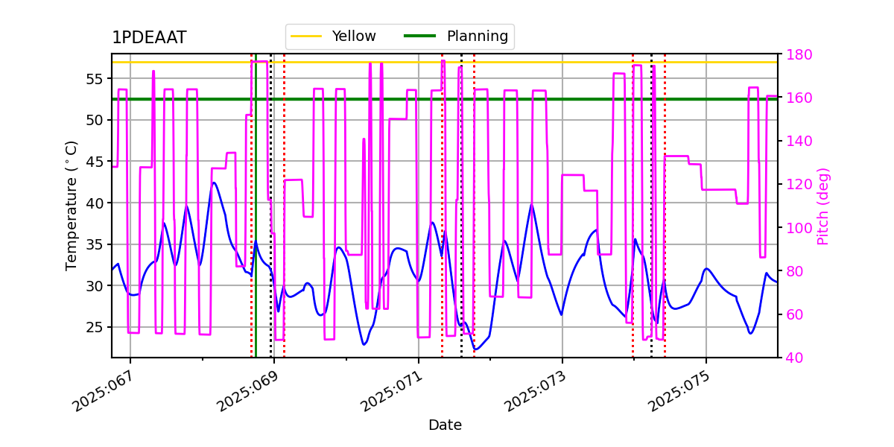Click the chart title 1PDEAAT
[x=149, y=38]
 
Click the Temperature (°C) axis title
[x=72, y=205]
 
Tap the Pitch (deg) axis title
[x=823, y=206]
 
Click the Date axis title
[x=445, y=425]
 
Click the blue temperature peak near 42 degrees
[x=214, y=183]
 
